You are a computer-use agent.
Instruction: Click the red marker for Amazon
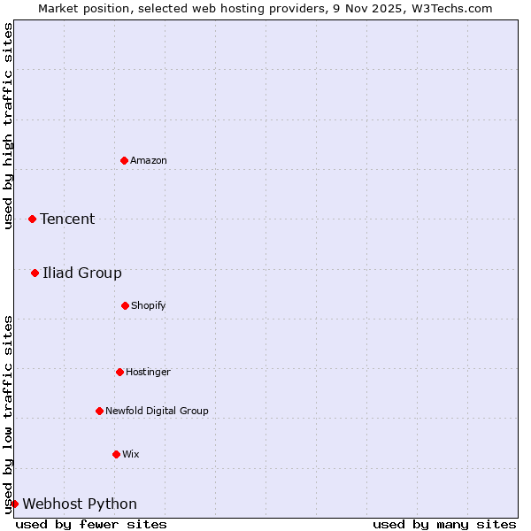click(x=124, y=160)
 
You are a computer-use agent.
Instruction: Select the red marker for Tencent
click(x=32, y=219)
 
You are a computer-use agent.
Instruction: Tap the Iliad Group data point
click(x=35, y=273)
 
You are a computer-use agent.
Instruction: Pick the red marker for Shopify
click(x=125, y=305)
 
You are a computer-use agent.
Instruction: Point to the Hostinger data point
click(x=119, y=372)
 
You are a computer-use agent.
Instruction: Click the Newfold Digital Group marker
click(x=99, y=411)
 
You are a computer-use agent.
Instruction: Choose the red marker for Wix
click(x=116, y=454)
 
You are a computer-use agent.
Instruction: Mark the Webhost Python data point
click(x=14, y=504)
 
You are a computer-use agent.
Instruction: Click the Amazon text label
click(x=149, y=160)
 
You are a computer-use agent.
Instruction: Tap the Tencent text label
click(x=67, y=219)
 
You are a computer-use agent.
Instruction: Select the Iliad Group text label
click(x=82, y=273)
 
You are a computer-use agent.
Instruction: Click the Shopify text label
click(x=149, y=305)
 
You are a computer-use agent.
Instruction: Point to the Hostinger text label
click(x=148, y=372)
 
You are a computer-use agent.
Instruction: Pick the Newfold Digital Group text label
click(x=158, y=411)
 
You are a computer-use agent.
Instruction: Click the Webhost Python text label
click(x=80, y=504)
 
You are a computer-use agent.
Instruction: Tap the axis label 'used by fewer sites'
click(x=91, y=524)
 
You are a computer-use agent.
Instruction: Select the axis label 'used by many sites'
click(x=444, y=524)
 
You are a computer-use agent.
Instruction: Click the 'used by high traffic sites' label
click(x=8, y=126)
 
